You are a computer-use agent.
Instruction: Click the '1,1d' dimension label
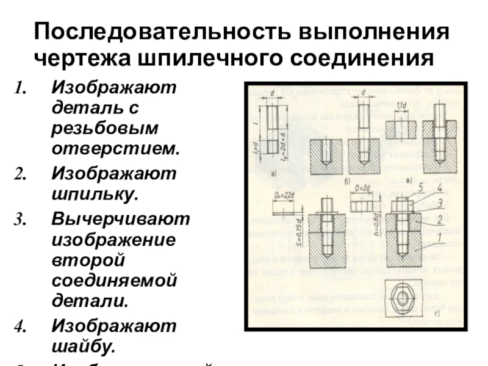tap(401, 107)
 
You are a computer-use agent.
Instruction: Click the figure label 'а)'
tap(272, 174)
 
